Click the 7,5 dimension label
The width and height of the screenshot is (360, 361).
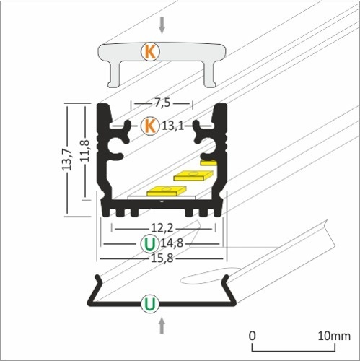pos(162,102)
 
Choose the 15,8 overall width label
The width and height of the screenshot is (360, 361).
pos(162,256)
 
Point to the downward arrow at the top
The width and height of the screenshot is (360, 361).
pos(162,25)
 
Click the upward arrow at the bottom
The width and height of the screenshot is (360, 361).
pos(162,326)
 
